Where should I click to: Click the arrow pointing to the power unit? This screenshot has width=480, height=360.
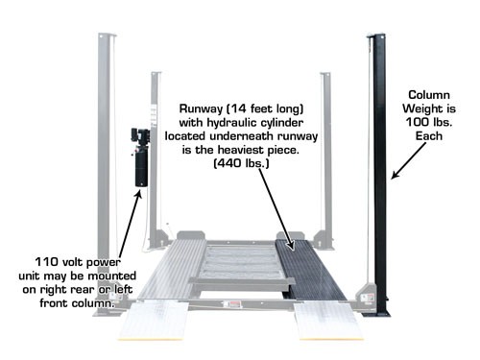pos(131,221)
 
